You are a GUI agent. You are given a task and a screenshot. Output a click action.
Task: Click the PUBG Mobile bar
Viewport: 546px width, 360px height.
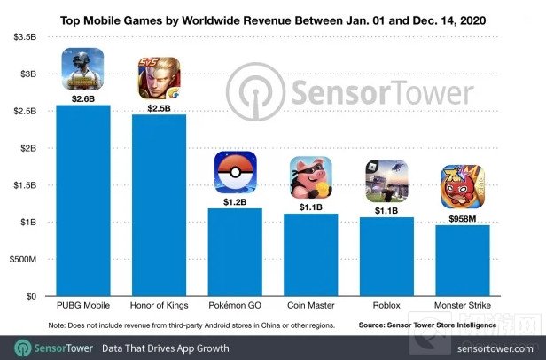click(x=83, y=201)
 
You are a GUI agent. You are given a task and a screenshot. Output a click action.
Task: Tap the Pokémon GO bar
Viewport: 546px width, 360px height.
click(x=235, y=253)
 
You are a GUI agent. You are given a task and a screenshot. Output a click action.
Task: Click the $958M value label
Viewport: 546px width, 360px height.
click(x=463, y=215)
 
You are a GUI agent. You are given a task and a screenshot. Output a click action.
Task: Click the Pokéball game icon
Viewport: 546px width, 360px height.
click(x=235, y=172)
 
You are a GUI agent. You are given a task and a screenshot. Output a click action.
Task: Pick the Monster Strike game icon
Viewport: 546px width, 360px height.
click(x=463, y=188)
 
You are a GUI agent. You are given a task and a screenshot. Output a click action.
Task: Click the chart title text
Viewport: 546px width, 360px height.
click(x=273, y=17)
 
